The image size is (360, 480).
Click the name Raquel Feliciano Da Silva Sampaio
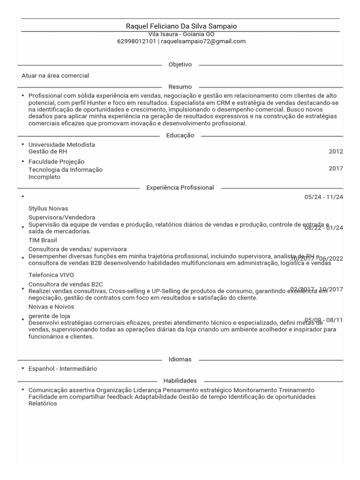(181, 26)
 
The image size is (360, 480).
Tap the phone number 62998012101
(136, 41)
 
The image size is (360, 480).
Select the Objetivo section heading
(180, 64)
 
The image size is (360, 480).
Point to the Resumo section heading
(180, 87)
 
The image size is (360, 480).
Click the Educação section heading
(180, 135)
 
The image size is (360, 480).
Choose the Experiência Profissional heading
(180, 187)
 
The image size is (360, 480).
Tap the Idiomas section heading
(180, 360)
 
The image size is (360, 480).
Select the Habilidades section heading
(180, 381)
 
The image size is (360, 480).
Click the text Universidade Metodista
(62, 145)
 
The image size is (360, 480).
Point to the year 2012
(336, 151)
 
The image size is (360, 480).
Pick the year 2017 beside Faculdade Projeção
(336, 168)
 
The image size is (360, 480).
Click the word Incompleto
(45, 177)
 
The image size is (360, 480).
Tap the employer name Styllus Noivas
(48, 209)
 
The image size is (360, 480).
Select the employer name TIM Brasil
(43, 240)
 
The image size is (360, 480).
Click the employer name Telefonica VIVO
(51, 275)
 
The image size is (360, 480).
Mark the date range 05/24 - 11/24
(323, 197)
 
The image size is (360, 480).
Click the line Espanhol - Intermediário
(63, 369)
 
